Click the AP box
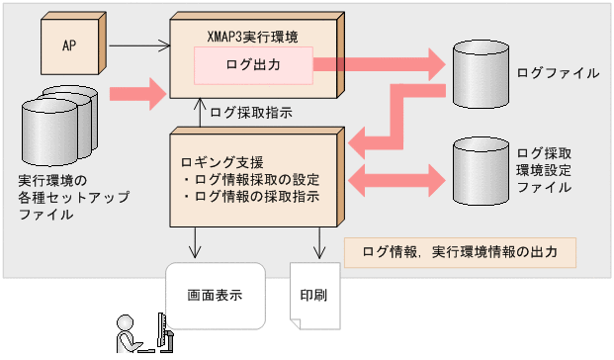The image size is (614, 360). coord(71,45)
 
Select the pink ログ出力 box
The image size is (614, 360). coord(252,65)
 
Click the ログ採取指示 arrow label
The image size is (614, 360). coord(251,113)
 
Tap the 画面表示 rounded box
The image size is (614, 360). coord(216,295)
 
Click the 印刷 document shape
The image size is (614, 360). coord(313,296)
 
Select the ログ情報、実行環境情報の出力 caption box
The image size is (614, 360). coord(459,252)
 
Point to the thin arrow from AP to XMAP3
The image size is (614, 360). coord(138,45)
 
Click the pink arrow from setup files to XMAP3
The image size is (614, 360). coord(134,96)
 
